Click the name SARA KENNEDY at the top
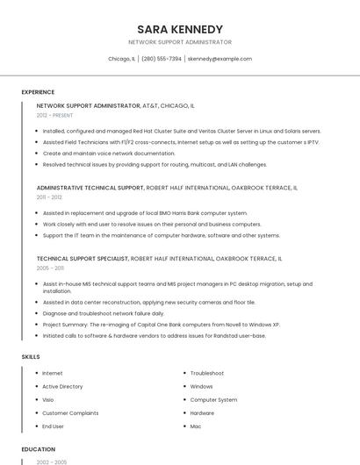click(x=180, y=29)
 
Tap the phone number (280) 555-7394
click(x=161, y=59)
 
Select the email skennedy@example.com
click(x=220, y=59)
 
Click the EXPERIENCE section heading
click(x=38, y=92)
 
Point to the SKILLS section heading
click(x=31, y=357)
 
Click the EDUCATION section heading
click(x=38, y=449)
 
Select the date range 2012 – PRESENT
click(x=55, y=115)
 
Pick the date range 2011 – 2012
click(x=49, y=197)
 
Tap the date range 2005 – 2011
click(x=50, y=268)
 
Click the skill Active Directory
click(x=62, y=386)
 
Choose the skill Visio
click(x=49, y=399)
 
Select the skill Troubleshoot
click(x=207, y=373)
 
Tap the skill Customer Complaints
click(x=70, y=412)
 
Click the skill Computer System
click(x=213, y=399)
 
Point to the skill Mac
click(x=196, y=426)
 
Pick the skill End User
click(x=53, y=426)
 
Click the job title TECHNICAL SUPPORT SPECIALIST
click(x=83, y=259)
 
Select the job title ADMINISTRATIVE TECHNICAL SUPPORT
click(x=90, y=188)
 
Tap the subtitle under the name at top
click(x=180, y=42)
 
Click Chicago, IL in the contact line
click(x=121, y=59)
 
